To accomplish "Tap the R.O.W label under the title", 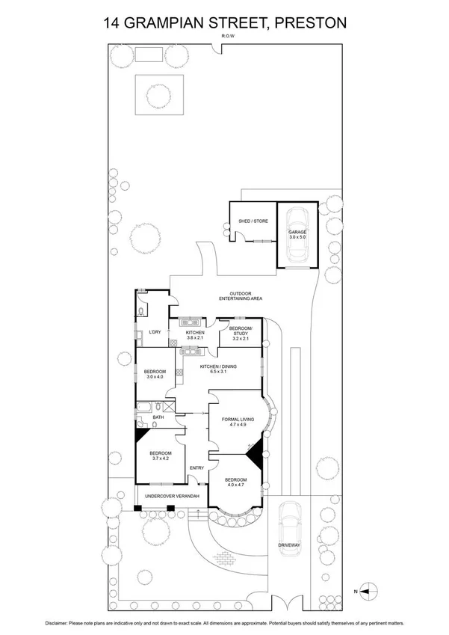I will (224, 37).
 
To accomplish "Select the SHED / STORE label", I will (253, 221).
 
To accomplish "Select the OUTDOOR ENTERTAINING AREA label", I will (239, 296).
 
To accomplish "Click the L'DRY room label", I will (155, 331).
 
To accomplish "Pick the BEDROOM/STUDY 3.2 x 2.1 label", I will (241, 333).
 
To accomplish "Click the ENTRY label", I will (196, 468).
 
